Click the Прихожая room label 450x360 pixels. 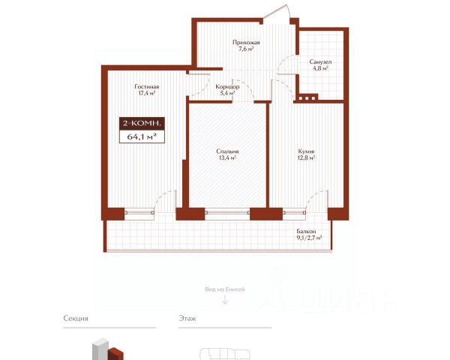(246, 43)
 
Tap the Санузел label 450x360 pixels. (320, 61)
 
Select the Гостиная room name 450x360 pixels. (147, 87)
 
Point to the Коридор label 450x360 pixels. (227, 87)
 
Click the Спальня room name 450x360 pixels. (227, 151)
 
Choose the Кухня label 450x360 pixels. (306, 151)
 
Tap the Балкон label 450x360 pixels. (306, 231)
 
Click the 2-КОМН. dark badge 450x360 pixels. (142, 124)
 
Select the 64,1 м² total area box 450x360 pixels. (142, 136)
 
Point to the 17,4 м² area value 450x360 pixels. (147, 93)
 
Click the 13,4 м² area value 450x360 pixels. (227, 157)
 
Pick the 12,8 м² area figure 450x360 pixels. (306, 157)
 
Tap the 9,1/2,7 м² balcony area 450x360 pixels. (309, 238)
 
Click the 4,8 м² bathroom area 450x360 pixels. (320, 68)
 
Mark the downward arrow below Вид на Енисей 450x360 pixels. (225, 300)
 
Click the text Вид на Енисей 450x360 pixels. (225, 289)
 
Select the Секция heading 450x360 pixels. (76, 318)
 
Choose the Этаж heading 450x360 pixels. (187, 318)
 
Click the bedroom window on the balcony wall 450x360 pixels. (227, 213)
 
